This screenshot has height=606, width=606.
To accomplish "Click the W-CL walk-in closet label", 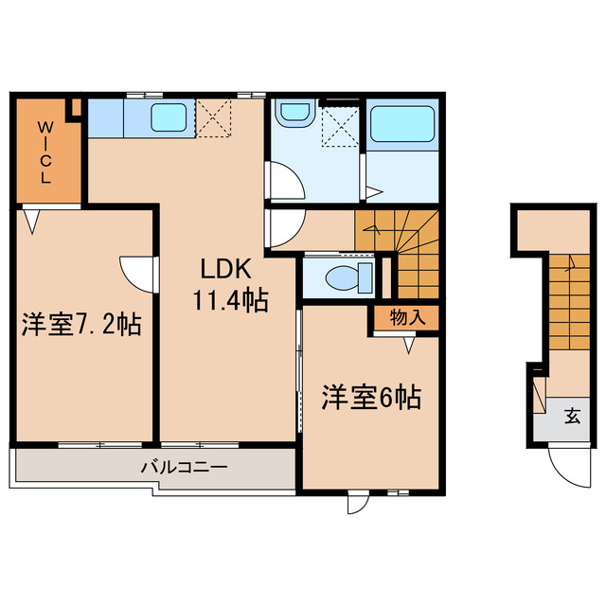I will tap(45, 151).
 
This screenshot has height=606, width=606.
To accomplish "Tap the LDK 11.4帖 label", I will tap(230, 285).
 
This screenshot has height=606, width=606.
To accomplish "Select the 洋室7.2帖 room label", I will tap(82, 326).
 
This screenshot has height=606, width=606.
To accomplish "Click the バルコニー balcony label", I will tap(184, 467).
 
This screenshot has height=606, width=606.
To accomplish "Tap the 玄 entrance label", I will tap(573, 415).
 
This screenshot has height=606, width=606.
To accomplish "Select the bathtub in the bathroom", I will tap(401, 124).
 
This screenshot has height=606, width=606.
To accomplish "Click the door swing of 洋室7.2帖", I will tap(138, 273).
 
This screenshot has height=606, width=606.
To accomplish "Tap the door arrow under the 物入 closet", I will tap(408, 347).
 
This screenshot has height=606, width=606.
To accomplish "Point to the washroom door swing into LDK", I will tap(282, 180).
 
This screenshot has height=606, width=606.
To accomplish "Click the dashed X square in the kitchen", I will tap(214, 119).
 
